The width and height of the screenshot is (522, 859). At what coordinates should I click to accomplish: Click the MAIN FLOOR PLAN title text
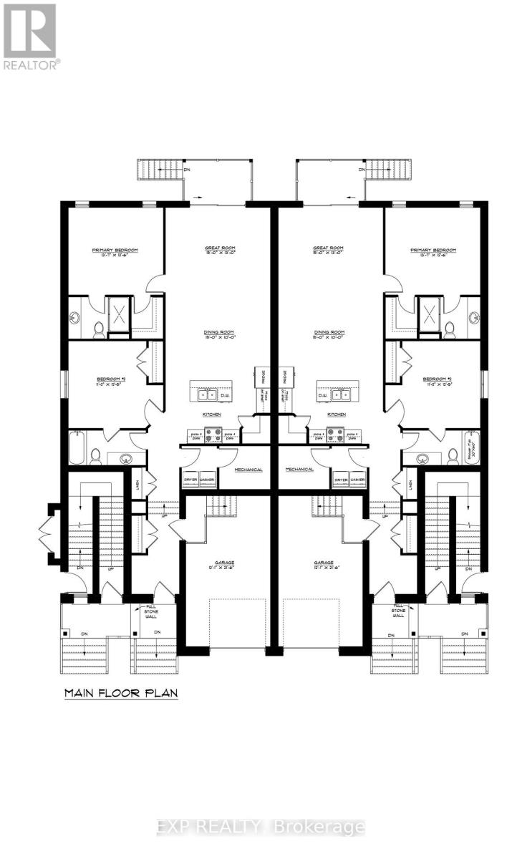click(x=120, y=693)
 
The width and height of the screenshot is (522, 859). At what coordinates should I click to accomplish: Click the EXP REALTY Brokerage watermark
click(x=261, y=828)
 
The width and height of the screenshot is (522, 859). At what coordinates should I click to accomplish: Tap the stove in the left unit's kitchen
click(x=213, y=433)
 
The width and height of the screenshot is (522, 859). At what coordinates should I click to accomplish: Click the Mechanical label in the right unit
click(x=299, y=470)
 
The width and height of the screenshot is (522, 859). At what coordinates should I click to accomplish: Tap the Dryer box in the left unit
click(x=190, y=480)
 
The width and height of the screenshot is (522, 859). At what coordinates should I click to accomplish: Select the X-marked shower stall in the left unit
click(x=117, y=313)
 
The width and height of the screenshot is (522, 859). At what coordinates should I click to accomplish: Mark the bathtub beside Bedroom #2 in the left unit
click(x=77, y=448)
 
